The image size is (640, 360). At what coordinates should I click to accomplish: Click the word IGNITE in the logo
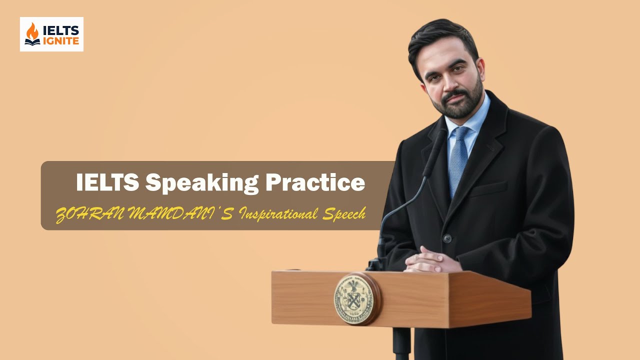coord(61,41)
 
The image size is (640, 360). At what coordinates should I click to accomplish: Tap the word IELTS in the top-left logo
coord(61,30)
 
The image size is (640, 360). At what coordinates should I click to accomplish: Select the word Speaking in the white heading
coord(202,183)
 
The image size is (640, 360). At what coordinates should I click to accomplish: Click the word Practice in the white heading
coord(315,182)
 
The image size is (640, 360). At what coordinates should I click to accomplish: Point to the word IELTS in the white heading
coord(107,182)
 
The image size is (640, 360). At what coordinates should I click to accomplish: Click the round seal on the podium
coord(356,299)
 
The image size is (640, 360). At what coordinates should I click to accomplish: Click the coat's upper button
coord(447,238)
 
